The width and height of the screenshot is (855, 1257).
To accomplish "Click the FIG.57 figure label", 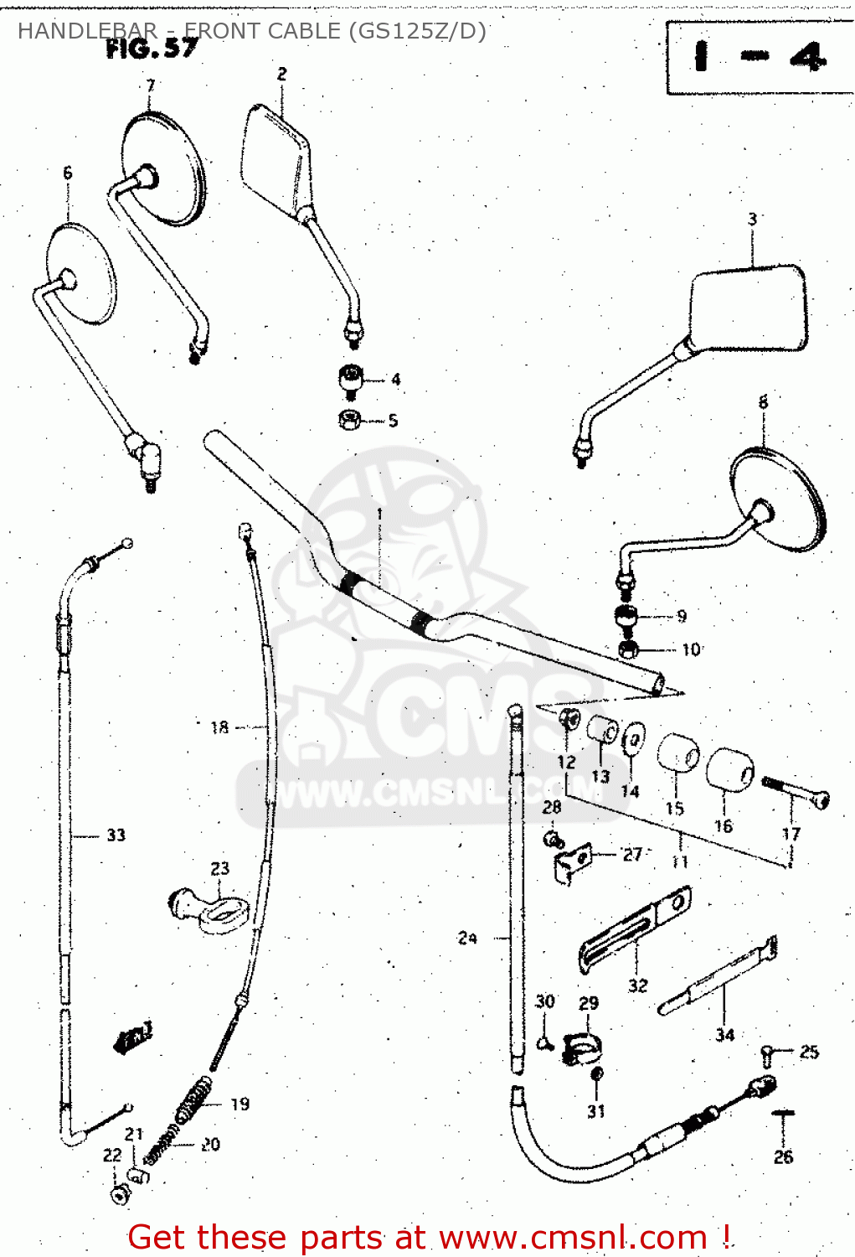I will point(152,49).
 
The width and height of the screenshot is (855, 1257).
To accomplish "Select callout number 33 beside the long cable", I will point(116,835).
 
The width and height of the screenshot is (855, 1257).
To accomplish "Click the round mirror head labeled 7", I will point(163,168).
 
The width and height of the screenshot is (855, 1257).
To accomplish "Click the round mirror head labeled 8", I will point(779,499).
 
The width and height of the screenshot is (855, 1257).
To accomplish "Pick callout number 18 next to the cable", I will point(219,727).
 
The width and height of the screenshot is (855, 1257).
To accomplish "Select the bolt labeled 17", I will point(796,792).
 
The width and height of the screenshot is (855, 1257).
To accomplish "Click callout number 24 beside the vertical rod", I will point(467,938).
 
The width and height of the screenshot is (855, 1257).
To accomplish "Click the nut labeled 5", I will point(350,419).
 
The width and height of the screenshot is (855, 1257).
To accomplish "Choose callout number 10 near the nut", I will point(691,649).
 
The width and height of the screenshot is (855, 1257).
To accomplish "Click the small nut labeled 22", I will point(120,1192).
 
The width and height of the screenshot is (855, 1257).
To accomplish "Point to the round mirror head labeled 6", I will point(80,272).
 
